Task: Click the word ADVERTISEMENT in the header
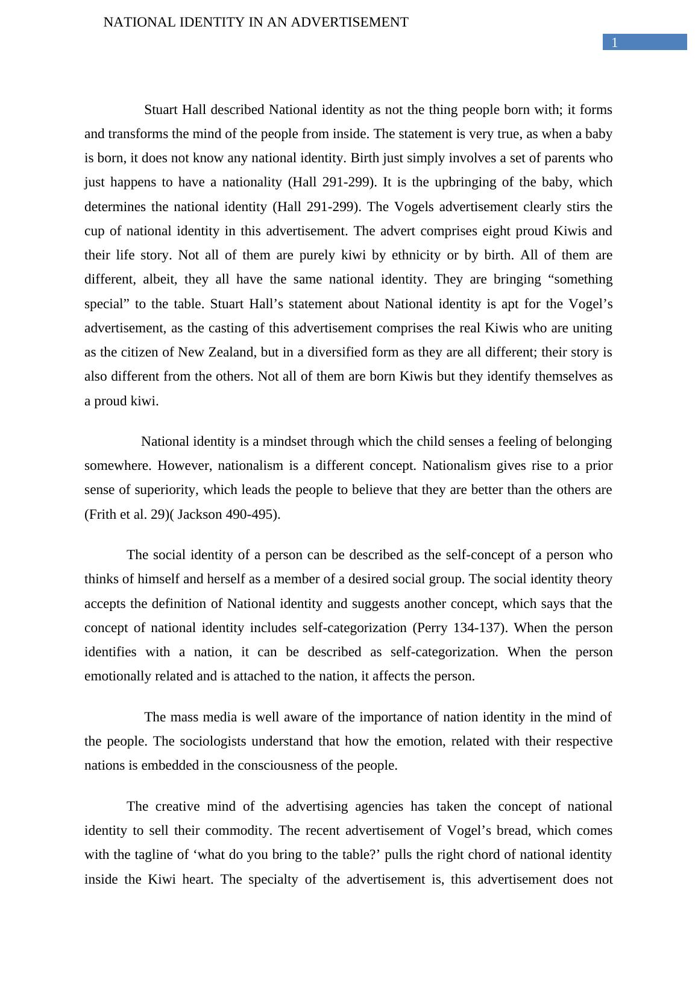[350, 22]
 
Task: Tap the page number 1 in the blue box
[615, 42]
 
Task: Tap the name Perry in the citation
[431, 628]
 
